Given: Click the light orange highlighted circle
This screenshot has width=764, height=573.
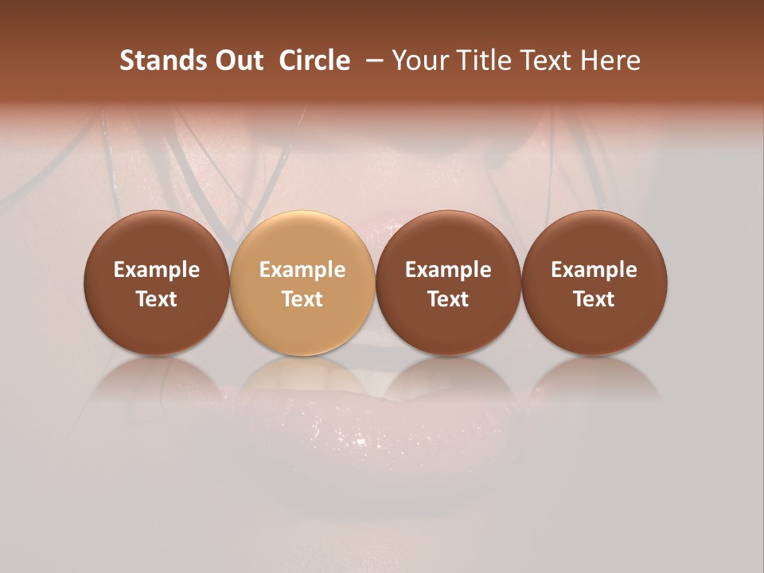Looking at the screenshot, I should coord(302,283).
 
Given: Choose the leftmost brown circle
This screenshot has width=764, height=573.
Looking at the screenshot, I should coord(157,283).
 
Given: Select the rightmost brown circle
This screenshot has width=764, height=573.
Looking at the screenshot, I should coord(594,283).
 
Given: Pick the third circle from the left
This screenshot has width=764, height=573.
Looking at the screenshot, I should coord(448,283).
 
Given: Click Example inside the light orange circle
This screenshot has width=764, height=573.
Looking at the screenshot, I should coord(302,270).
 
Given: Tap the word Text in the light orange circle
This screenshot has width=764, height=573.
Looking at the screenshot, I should coord(302,299).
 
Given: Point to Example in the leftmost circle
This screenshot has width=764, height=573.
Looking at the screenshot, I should coord(157,270).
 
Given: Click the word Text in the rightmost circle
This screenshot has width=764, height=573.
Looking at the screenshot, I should coord(594,299).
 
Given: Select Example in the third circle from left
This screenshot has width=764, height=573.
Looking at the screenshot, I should coord(448,270).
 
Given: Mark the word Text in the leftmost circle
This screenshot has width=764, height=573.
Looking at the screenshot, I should coord(157,299).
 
